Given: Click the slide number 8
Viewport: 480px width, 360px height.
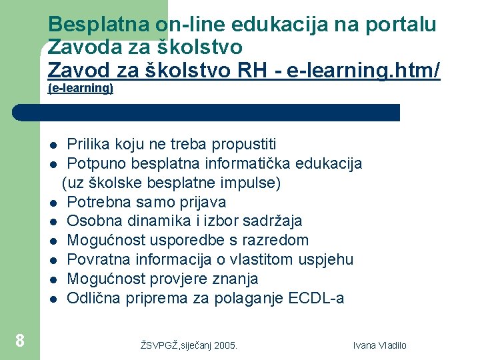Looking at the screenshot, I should tap(20, 341).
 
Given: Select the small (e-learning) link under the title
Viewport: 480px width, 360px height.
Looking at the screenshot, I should tap(81, 88).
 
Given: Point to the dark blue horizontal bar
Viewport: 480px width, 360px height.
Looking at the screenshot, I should tap(207, 112).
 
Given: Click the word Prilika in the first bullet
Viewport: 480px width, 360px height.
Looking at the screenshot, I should tap(89, 144).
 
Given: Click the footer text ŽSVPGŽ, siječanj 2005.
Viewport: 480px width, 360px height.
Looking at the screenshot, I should tap(189, 345).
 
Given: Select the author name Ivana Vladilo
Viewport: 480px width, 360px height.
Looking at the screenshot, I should tap(379, 345).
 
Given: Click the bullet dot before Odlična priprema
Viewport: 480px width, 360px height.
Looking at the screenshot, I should tap(52, 299).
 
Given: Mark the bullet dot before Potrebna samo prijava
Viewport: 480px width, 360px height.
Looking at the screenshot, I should tap(52, 203).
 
